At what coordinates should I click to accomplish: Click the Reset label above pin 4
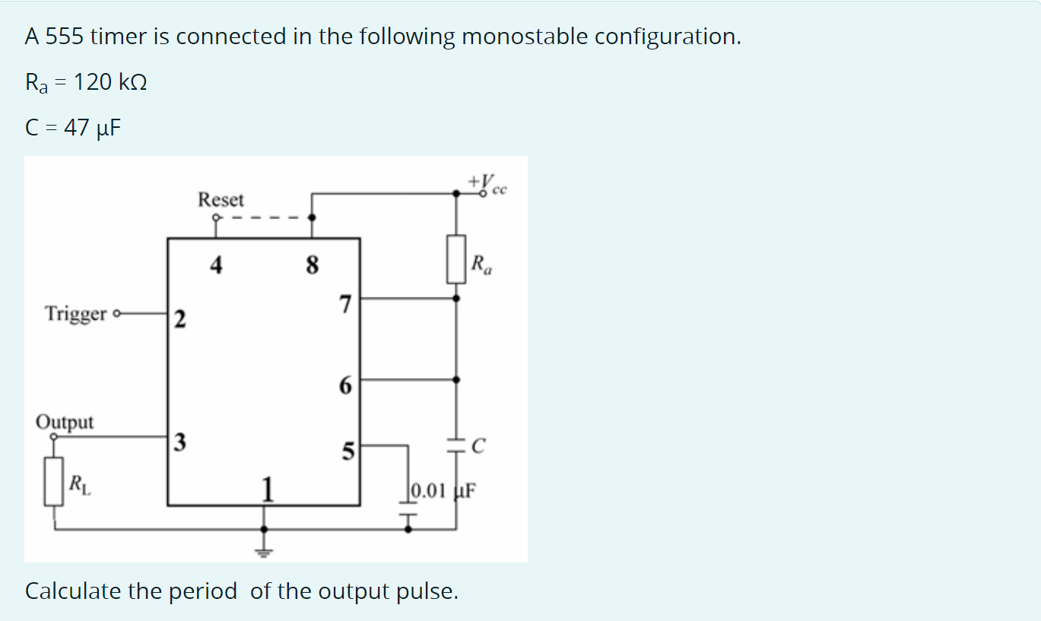click(x=221, y=200)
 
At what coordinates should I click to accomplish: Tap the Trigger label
click(x=76, y=314)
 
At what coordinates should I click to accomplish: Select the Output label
click(x=65, y=422)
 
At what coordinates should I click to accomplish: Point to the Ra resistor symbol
click(x=456, y=259)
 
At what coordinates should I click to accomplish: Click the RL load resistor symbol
click(x=53, y=481)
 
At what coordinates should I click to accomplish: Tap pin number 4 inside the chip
click(x=217, y=266)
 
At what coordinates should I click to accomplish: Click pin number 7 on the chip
click(x=345, y=305)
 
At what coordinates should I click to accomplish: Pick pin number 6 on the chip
click(x=345, y=386)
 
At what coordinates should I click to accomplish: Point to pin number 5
click(x=348, y=452)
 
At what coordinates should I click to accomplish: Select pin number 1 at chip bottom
click(x=266, y=488)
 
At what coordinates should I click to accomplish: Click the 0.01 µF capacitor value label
click(x=443, y=489)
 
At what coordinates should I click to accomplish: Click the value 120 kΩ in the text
click(x=111, y=82)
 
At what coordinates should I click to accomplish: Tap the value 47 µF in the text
click(x=92, y=127)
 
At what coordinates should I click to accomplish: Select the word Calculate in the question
click(x=73, y=591)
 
